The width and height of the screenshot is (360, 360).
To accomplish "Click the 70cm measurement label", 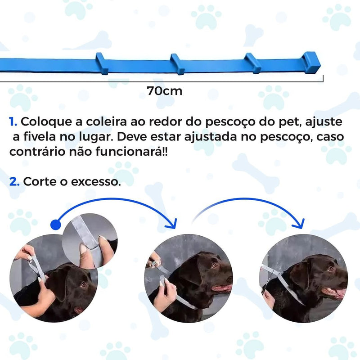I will (165, 91).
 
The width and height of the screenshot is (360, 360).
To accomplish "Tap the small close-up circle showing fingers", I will (90, 241).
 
